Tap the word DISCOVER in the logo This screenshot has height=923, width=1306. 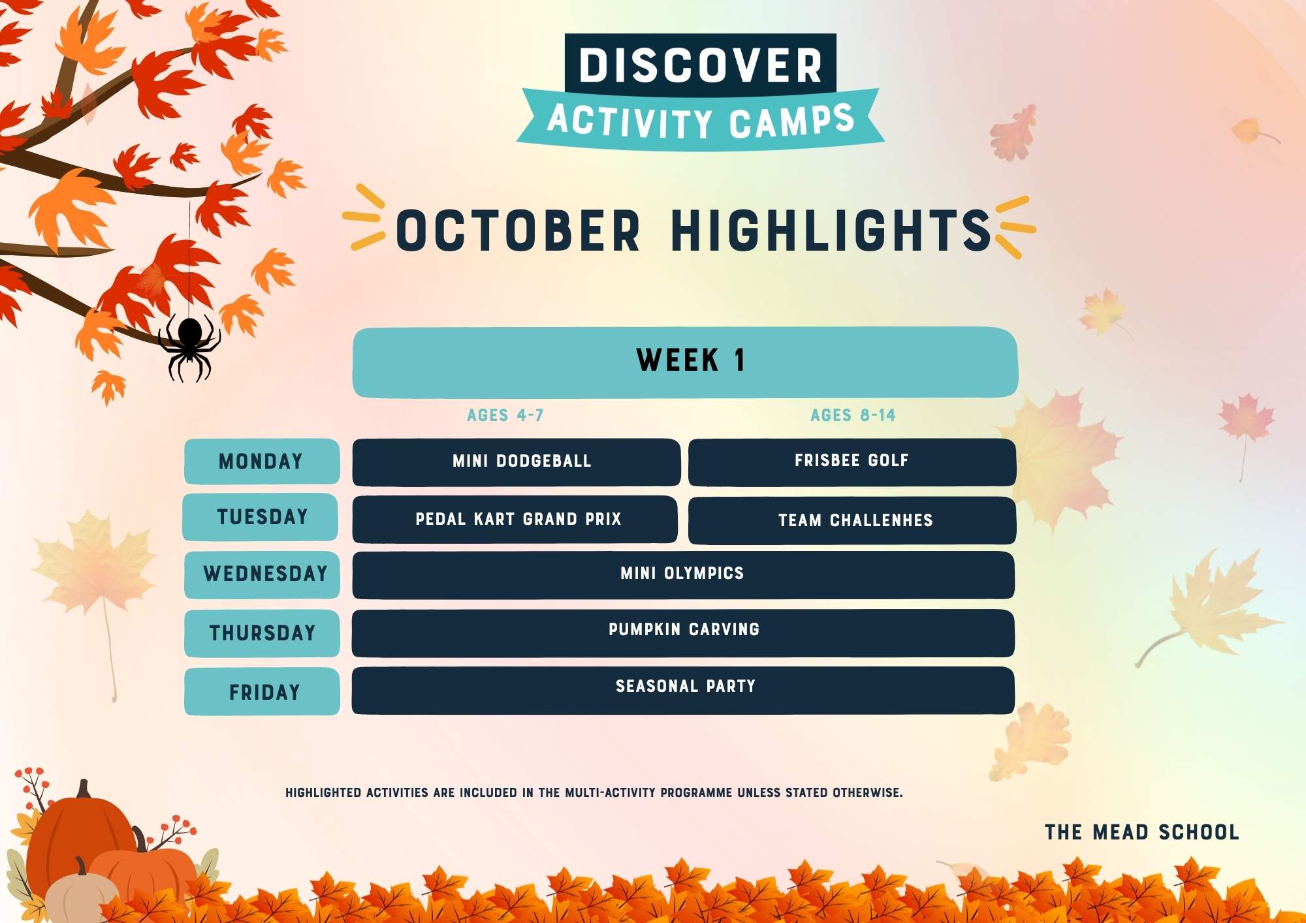701,65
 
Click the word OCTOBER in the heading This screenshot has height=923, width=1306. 518,230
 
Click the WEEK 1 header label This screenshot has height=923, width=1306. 691,360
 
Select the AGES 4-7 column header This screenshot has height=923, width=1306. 505,415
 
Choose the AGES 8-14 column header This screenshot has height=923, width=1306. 853,415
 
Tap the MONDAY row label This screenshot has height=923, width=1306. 261,461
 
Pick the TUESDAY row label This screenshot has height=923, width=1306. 261,517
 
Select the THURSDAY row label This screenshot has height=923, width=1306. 262,633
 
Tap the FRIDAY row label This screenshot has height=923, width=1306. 262,691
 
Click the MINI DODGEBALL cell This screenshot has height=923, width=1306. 517,462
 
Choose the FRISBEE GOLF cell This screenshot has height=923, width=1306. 852,462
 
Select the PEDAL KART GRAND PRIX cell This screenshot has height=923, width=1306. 515,520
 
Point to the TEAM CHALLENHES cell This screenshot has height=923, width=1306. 852,520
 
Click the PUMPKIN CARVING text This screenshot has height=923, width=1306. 684,629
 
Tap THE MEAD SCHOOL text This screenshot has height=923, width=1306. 1142,832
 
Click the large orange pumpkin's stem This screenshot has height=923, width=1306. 84,789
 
